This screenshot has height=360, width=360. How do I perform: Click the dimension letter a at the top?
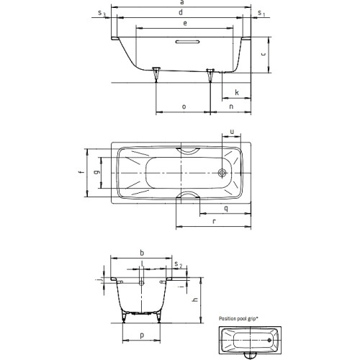(x=182, y=2)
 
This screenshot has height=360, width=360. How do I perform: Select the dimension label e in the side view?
(x=185, y=23)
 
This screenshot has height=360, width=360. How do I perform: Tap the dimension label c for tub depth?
(x=264, y=54)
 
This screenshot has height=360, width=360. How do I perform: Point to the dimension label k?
(x=237, y=92)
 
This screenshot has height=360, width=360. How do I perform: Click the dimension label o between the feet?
(x=184, y=107)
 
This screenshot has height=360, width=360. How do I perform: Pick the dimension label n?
(x=231, y=107)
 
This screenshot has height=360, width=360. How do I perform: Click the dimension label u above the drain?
(x=232, y=132)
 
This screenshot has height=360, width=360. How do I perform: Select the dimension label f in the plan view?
(x=82, y=172)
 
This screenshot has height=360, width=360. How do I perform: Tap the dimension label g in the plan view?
(x=97, y=172)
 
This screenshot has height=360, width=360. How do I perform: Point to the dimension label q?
(x=226, y=209)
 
